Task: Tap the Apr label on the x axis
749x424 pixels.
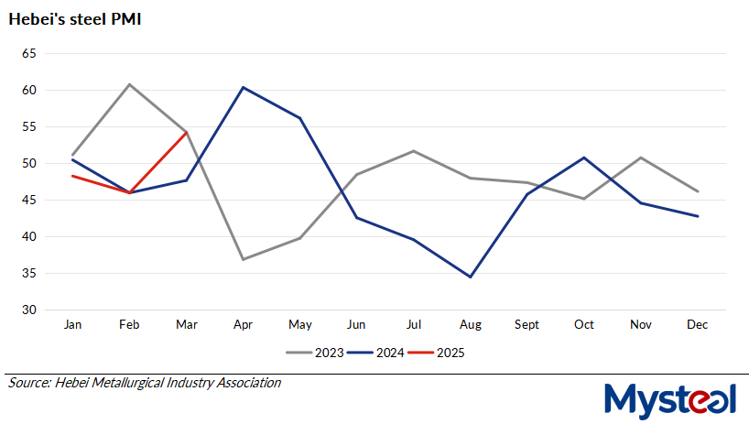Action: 243,324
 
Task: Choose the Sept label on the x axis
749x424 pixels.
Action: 527,324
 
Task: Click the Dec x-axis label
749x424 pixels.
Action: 698,324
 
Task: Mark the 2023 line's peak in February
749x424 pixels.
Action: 129,84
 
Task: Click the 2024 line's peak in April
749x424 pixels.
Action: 243,87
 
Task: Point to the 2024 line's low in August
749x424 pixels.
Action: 471,277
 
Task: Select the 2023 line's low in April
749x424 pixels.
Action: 243,259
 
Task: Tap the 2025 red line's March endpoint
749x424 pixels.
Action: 186,133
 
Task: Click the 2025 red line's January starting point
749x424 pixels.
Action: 72,176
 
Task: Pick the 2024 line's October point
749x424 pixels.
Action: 584,158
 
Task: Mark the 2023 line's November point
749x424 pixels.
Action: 641,158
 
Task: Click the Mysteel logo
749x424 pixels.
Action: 671,398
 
